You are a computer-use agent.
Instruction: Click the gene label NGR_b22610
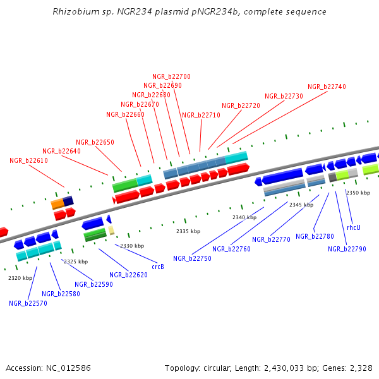[x=28, y=161]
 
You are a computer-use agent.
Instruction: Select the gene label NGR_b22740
[x=327, y=87]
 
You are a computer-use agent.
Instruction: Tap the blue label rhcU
[x=354, y=227]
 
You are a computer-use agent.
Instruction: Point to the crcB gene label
[x=158, y=267]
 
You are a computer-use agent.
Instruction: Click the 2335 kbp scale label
[x=188, y=232]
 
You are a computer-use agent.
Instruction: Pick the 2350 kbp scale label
[x=358, y=193]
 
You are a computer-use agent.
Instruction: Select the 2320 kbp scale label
[x=20, y=278]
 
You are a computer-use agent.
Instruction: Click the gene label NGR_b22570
[x=28, y=303]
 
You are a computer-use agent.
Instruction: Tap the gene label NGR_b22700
[x=171, y=76]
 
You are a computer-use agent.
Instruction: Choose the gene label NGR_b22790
[x=347, y=249]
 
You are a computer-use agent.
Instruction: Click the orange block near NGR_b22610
[x=57, y=203]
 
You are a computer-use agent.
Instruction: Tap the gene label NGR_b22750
[x=192, y=258]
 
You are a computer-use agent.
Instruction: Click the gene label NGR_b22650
[x=95, y=143]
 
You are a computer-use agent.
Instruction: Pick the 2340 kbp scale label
[x=244, y=217]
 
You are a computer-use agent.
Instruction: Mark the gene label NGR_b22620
[x=128, y=275]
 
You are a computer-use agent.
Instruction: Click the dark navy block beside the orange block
[x=68, y=201]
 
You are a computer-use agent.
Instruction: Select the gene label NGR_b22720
[x=241, y=105]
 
